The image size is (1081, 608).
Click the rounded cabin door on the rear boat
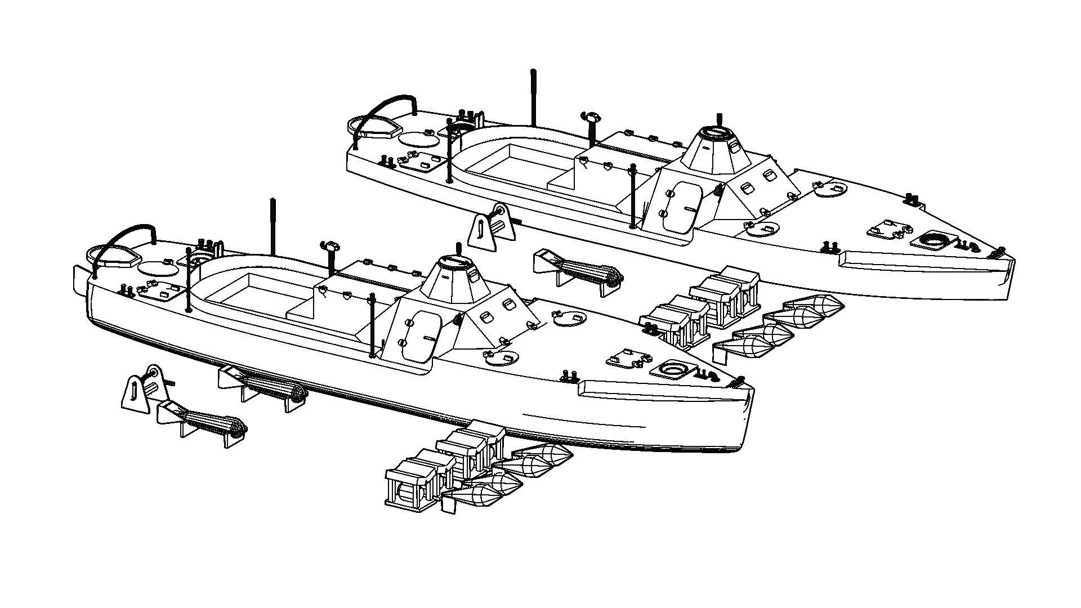pos(682,206)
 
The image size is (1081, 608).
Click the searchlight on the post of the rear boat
pos(591,118)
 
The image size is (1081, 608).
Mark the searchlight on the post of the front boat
pos(329,246)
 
